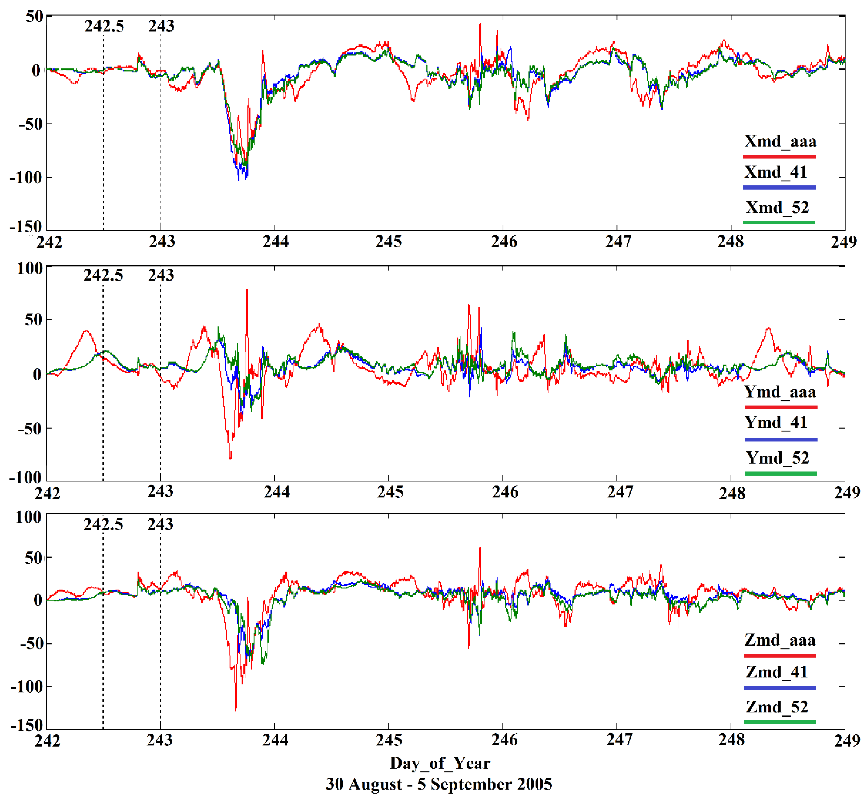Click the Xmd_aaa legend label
[x=780, y=141]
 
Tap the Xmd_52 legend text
[x=777, y=208]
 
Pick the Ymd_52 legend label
[x=777, y=458]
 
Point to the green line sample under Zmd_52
[x=779, y=722]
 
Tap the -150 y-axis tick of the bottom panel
[x=26, y=725]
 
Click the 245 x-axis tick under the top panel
[x=388, y=242]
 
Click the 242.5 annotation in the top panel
[x=104, y=26]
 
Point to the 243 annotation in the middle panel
[x=161, y=275]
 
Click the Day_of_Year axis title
[x=439, y=763]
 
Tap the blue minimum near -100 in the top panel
[x=238, y=179]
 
